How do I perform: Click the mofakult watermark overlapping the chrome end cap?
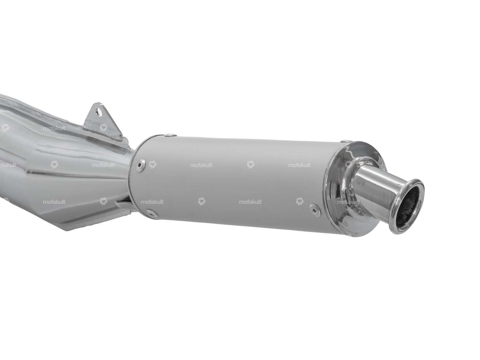click(x=349, y=202)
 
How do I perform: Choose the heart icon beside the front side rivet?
click(x=152, y=165)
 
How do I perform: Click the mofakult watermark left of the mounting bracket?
click(x=54, y=129)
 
